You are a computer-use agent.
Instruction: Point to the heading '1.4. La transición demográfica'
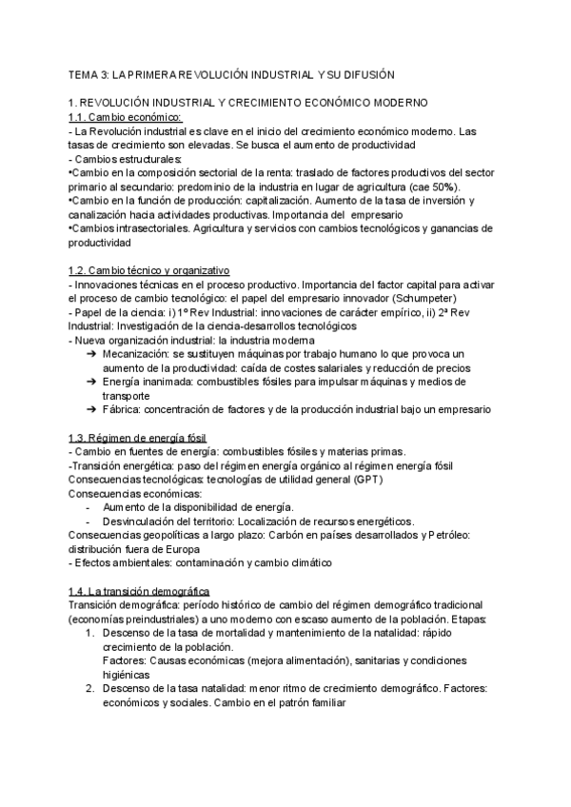139,592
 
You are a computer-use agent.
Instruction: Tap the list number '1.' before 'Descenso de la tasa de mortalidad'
90,634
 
